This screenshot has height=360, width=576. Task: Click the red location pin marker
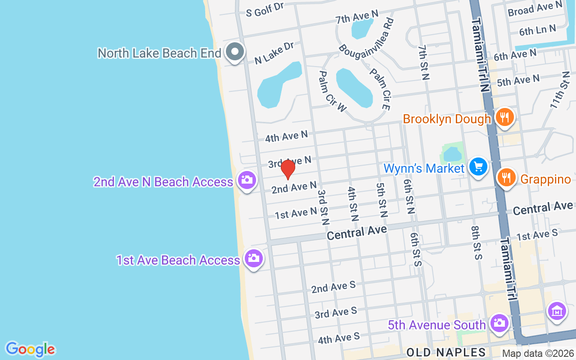point(288,169)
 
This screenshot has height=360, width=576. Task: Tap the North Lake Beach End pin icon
point(234,52)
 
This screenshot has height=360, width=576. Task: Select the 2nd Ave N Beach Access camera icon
point(247,180)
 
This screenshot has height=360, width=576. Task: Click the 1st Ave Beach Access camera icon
point(254,259)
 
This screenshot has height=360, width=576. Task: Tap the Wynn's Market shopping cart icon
point(478,167)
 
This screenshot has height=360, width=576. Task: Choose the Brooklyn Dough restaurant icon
point(505,117)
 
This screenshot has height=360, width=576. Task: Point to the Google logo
point(31,349)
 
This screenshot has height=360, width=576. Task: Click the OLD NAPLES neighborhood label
point(446,352)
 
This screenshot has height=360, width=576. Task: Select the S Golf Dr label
point(265,9)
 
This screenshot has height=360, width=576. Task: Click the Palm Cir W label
point(333,91)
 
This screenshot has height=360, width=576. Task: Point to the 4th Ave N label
point(286,136)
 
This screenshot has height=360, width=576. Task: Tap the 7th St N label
point(423,62)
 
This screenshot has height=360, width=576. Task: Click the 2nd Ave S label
point(333,287)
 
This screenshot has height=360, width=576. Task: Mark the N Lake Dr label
point(274,53)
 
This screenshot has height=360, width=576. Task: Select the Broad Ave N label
point(535,9)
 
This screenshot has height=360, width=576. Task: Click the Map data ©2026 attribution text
point(538,353)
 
